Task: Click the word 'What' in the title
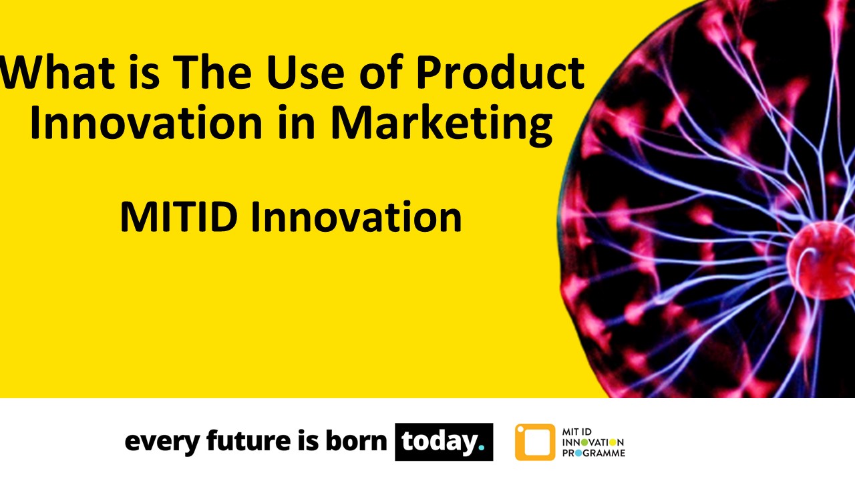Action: (47, 74)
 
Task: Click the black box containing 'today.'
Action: (444, 442)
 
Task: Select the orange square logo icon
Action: (534, 442)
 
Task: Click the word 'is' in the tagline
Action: (305, 442)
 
